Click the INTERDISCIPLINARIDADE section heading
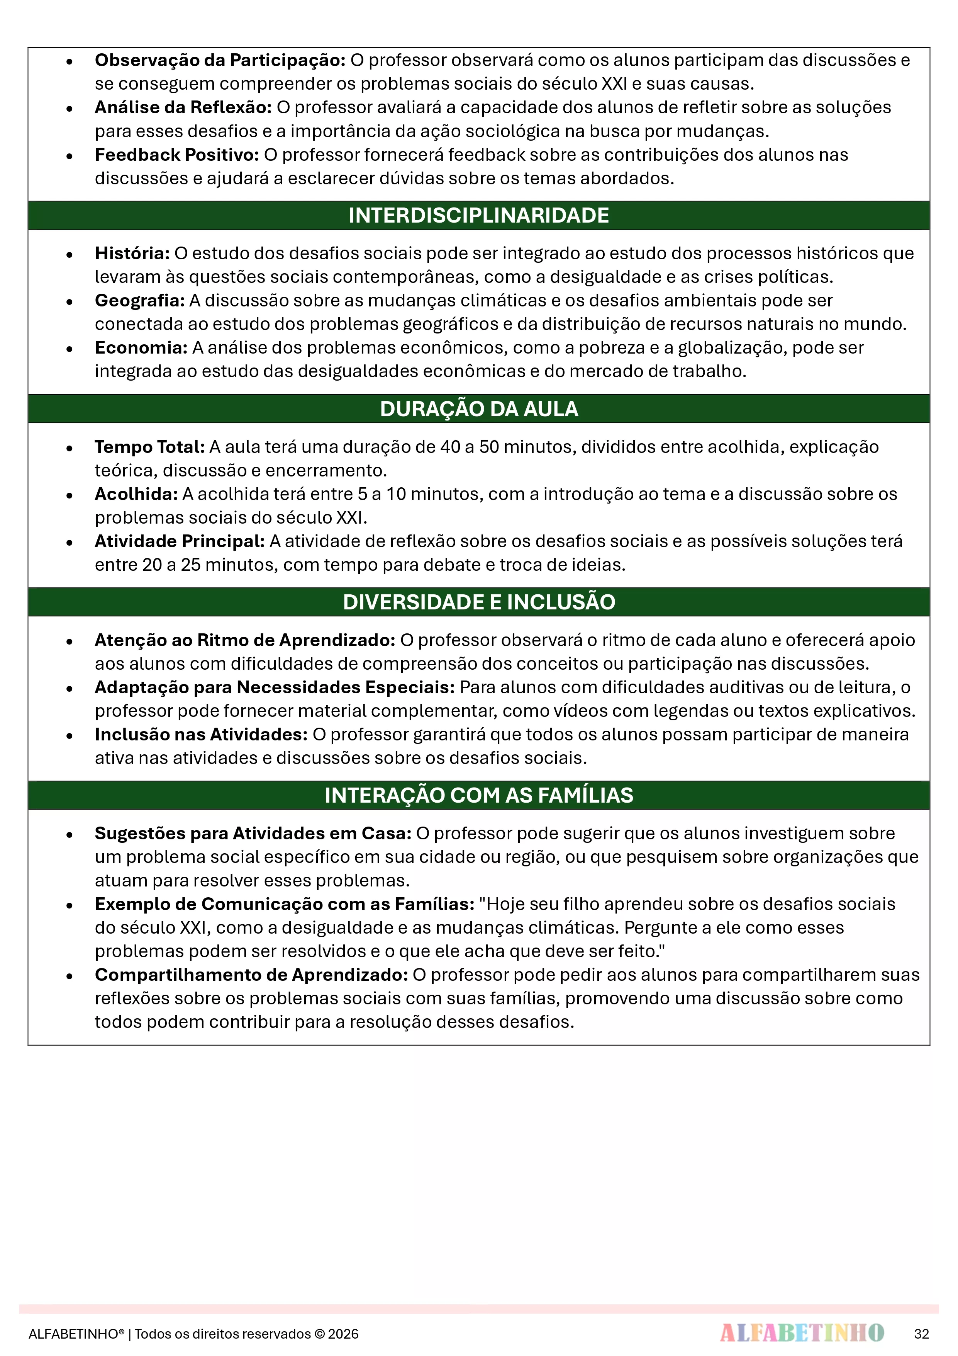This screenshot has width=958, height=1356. (479, 216)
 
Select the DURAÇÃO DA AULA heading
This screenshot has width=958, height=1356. (479, 409)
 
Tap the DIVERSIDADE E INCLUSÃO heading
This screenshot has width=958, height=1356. (479, 602)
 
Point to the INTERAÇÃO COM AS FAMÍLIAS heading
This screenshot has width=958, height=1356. (479, 795)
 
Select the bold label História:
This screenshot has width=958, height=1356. (132, 254)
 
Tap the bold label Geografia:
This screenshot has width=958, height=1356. (140, 301)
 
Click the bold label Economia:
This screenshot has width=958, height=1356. (141, 348)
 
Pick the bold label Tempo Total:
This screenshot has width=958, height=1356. (150, 447)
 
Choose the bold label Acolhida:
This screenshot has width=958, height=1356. (136, 494)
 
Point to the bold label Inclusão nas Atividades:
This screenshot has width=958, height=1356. (201, 735)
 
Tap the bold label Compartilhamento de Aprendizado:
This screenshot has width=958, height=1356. (251, 975)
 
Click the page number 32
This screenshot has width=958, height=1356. (921, 1334)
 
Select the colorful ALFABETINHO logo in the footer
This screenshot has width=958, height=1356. (802, 1333)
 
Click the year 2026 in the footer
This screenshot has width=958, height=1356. (344, 1334)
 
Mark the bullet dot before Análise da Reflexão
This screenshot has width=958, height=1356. (70, 109)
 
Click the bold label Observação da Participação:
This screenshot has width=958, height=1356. (220, 60)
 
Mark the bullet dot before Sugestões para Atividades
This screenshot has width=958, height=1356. (70, 835)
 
